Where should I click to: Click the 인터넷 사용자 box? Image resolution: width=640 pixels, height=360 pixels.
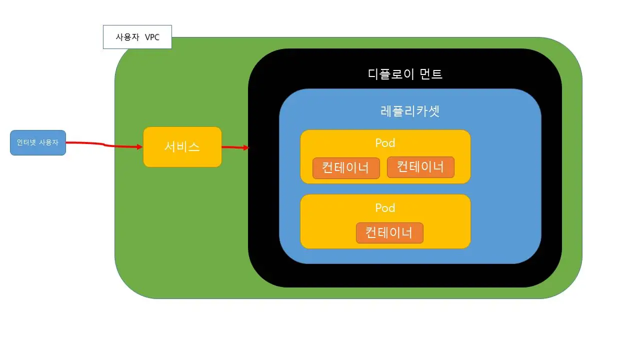pos(38,142)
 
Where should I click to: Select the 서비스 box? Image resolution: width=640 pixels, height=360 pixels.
pos(182,146)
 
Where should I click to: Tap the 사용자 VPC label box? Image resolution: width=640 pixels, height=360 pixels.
pos(137,37)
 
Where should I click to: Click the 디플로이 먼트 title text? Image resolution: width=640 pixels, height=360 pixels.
pos(405,74)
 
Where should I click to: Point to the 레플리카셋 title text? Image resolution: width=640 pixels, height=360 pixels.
pos(410,111)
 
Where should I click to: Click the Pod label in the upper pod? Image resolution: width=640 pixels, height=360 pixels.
pos(385,143)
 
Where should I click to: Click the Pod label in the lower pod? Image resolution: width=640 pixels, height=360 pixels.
pos(385,208)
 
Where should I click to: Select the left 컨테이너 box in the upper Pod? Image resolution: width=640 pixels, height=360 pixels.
pos(345,168)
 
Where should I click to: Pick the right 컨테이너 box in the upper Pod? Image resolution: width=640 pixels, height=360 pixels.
pos(420,167)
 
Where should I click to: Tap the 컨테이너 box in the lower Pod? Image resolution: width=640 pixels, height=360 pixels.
pos(389,233)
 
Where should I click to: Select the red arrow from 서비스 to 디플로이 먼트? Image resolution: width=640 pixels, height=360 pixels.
pos(233,147)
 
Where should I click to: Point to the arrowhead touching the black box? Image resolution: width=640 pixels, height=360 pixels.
pos(245,148)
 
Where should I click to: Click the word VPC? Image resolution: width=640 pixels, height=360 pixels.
pos(152,37)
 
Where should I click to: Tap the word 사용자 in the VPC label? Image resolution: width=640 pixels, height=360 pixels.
pos(128,37)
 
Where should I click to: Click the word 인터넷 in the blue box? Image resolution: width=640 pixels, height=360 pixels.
pos(26,142)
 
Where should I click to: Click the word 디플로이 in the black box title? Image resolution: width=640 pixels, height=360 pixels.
pos(390,74)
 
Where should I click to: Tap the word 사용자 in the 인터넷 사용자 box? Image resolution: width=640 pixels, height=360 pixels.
pos(48,142)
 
